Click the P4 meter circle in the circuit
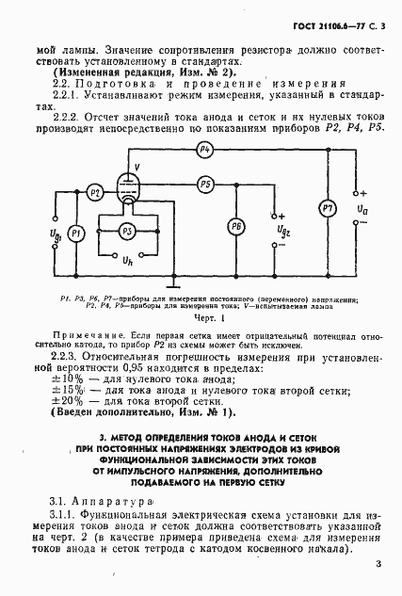coord(206,150)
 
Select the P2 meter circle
coord(95,192)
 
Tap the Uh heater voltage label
coord(128,260)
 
